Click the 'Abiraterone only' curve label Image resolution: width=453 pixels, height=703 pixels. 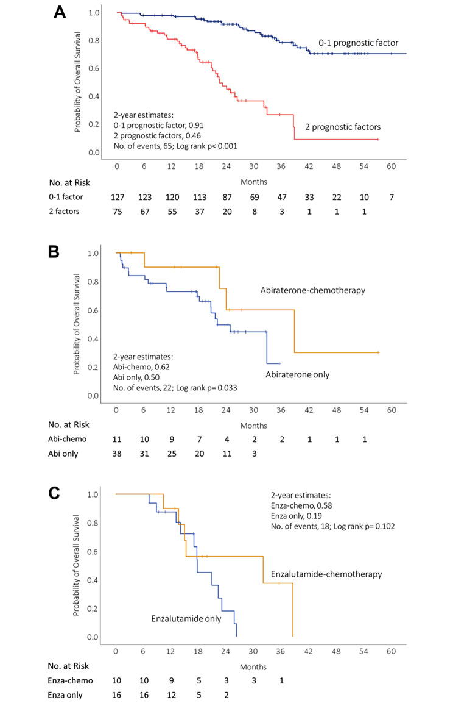click(x=297, y=375)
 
